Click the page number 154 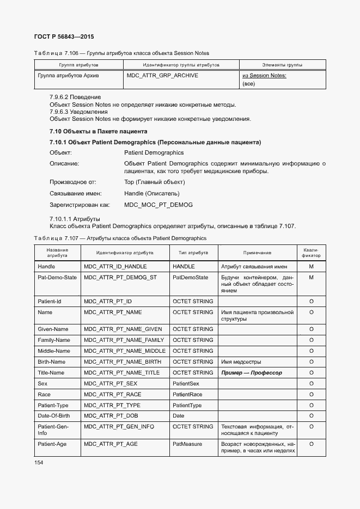click(x=38, y=462)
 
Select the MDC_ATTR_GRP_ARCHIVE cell click(x=162, y=76)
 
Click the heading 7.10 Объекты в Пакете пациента click(x=98, y=132)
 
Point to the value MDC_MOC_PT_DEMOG click(x=158, y=205)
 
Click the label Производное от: click(x=72, y=182)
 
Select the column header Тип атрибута click(x=193, y=253)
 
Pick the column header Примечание click(x=257, y=253)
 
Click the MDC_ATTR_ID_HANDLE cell click(x=115, y=267)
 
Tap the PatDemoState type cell click(x=190, y=278)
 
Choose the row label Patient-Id click(x=49, y=302)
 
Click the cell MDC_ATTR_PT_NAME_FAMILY click(x=124, y=340)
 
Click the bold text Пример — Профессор click(x=252, y=373)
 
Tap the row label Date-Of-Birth click(x=53, y=416)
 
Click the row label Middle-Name click(x=54, y=351)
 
